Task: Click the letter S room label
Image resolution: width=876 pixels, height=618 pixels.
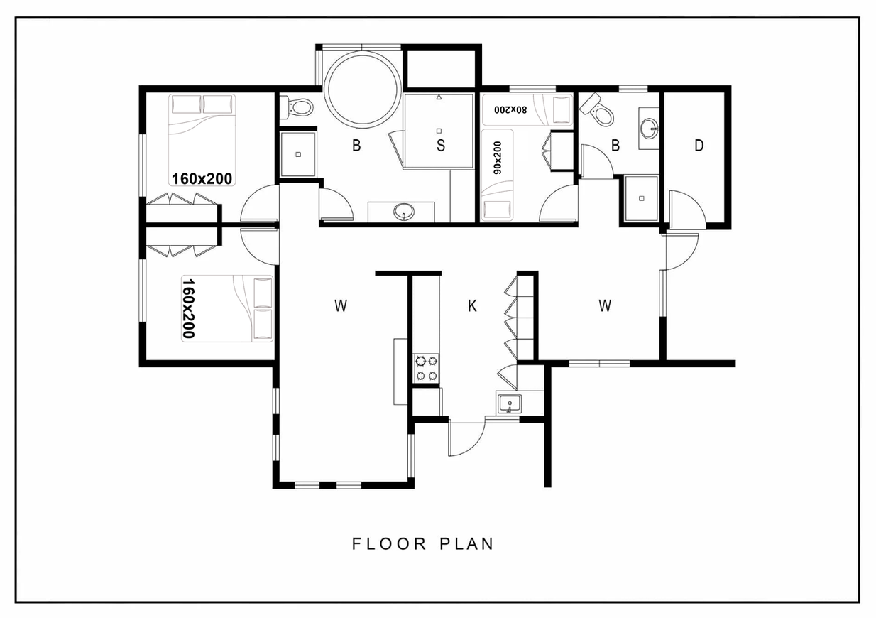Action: tap(441, 145)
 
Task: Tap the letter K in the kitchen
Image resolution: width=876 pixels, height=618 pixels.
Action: tap(472, 305)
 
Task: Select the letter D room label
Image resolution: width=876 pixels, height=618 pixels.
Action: tap(699, 146)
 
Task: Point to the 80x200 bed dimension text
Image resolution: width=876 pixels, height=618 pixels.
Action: tap(510, 109)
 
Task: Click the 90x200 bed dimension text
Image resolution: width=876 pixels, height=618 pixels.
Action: tap(498, 158)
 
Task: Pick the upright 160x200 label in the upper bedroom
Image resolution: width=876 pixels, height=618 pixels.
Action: tap(202, 179)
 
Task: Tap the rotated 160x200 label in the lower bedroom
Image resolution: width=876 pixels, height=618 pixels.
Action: tap(189, 308)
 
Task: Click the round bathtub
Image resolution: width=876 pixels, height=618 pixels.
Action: tap(363, 90)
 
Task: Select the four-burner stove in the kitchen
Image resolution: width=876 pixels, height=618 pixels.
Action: tap(426, 368)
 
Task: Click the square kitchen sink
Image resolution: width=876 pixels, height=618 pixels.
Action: tap(509, 403)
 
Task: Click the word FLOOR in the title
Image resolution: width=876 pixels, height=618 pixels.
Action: tap(389, 544)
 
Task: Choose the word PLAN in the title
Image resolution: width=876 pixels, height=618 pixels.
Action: tap(467, 544)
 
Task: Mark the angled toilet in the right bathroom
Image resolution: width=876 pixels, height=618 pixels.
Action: tap(597, 110)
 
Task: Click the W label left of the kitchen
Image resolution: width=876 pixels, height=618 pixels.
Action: tap(341, 305)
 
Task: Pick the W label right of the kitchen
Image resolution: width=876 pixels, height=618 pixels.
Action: tap(605, 305)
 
